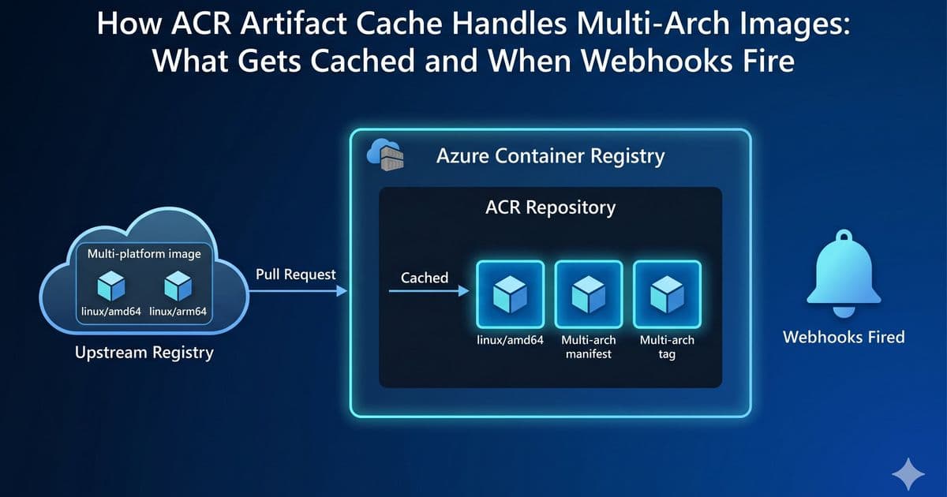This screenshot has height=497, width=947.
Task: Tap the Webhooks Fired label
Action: click(x=843, y=337)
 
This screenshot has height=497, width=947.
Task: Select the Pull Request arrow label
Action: click(x=296, y=275)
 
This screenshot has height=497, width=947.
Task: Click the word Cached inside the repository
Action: click(x=425, y=278)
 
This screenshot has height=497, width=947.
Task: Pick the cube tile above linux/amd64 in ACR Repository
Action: click(x=510, y=294)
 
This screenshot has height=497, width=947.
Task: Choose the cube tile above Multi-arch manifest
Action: click(x=588, y=294)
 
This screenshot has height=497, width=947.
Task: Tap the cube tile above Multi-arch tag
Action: click(x=667, y=294)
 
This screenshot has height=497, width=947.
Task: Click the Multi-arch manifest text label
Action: click(x=588, y=347)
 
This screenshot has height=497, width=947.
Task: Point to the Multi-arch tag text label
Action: click(x=667, y=347)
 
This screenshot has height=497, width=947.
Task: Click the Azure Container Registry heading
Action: click(x=550, y=156)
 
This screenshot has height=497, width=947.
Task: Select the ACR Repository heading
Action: click(x=550, y=208)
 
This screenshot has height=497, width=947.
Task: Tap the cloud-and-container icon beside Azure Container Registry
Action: click(x=386, y=155)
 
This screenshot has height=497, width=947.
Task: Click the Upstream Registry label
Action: click(x=144, y=353)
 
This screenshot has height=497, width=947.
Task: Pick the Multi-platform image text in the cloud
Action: click(x=144, y=254)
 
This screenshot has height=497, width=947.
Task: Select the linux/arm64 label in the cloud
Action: click(x=178, y=312)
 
